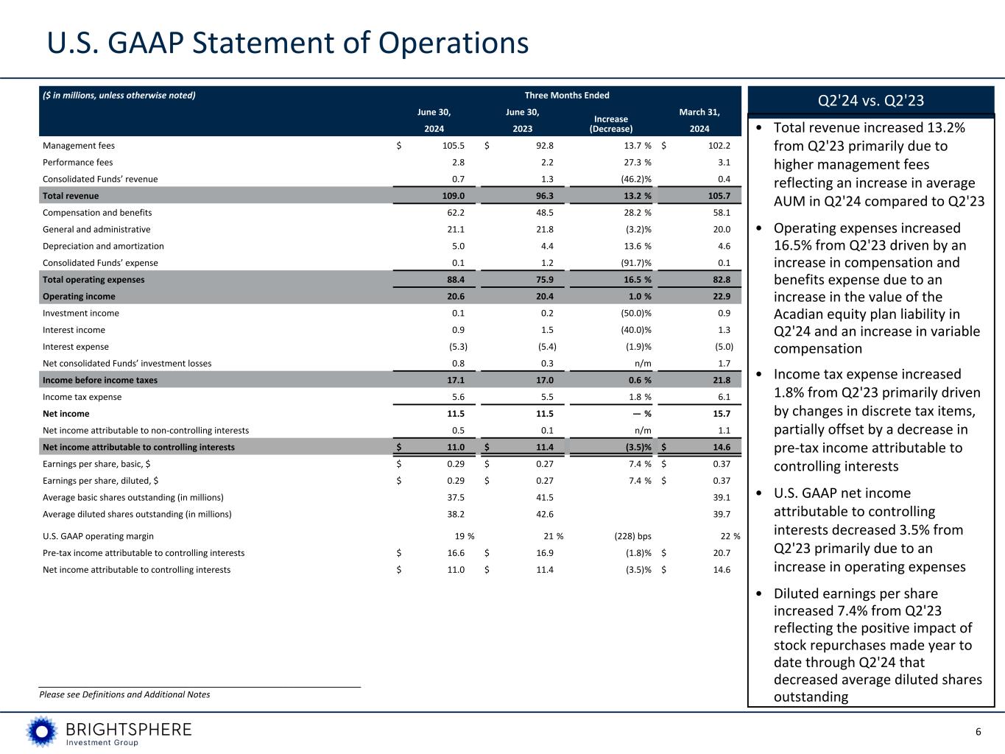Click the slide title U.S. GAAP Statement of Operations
(288, 43)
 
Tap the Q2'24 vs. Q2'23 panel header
(871, 100)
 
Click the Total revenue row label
(71, 196)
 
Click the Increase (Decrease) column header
(610, 124)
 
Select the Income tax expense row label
(82, 397)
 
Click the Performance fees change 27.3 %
(632, 162)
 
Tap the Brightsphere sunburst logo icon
(42, 731)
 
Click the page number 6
(978, 732)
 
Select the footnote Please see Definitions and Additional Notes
(124, 694)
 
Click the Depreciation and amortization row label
(103, 247)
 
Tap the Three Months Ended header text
(566, 95)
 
